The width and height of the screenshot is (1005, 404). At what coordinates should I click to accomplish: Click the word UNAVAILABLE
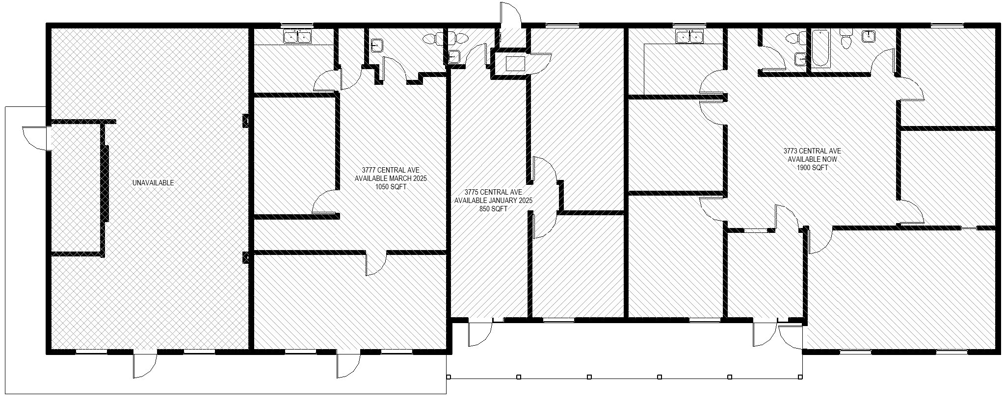tap(153, 183)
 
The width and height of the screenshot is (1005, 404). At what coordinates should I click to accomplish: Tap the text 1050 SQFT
tap(391, 187)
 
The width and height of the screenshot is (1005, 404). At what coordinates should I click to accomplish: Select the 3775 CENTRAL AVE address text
tap(493, 192)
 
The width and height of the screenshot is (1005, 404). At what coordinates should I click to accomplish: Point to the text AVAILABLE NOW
tap(812, 159)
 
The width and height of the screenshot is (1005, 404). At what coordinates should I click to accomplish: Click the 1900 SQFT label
tap(812, 168)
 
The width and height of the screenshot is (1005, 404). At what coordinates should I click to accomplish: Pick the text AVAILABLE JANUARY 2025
tap(493, 201)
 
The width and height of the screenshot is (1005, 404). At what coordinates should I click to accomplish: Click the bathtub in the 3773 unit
tap(820, 49)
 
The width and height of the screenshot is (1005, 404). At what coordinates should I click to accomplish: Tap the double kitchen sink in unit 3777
tap(298, 36)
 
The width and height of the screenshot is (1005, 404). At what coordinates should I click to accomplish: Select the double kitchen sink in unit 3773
tap(690, 36)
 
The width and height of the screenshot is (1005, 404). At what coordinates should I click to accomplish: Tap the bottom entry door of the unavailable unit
tap(145, 365)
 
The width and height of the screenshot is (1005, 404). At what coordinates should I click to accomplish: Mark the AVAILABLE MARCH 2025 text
tap(391, 178)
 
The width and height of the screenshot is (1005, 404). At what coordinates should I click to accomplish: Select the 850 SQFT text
tap(493, 209)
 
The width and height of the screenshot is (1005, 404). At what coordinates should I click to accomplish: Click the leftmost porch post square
tap(449, 377)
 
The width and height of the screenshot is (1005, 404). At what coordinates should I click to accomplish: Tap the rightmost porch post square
tap(800, 377)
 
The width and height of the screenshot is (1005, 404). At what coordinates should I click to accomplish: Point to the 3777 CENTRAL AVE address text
tap(391, 170)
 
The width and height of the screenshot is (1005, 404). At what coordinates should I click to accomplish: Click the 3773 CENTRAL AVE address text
tap(812, 151)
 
